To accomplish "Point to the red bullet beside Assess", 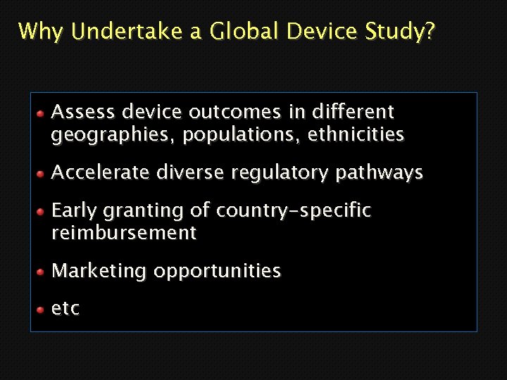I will point(42,113).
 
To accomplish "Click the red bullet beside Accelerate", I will point(42,173).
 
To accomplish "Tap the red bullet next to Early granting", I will point(42,211).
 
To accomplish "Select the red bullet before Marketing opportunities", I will point(42,272).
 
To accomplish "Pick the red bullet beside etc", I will point(42,309).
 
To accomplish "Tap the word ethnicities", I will point(355,134).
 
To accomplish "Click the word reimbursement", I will point(124,233).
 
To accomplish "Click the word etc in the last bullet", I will point(65,309).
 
